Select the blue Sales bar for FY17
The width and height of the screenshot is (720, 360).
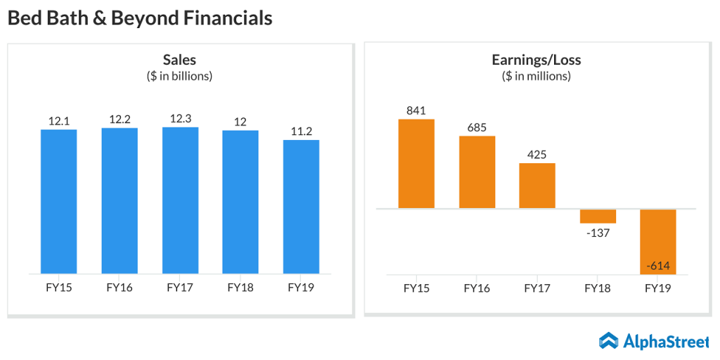pyautogui.click(x=180, y=200)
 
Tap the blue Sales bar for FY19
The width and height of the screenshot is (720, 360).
pyautogui.click(x=301, y=207)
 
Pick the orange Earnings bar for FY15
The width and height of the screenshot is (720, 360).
pyautogui.click(x=416, y=164)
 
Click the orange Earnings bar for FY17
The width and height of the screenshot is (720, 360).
pyautogui.click(x=537, y=186)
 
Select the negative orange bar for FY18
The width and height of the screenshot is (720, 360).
pyautogui.click(x=598, y=216)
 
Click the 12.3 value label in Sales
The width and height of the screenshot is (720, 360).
pyautogui.click(x=181, y=119)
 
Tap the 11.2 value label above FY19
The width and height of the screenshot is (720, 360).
pyautogui.click(x=301, y=131)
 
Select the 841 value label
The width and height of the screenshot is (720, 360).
pyautogui.click(x=416, y=110)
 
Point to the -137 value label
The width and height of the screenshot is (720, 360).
pyautogui.click(x=598, y=233)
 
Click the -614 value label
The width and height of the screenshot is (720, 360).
pyautogui.click(x=658, y=266)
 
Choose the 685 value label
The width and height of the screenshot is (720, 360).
pyautogui.click(x=477, y=127)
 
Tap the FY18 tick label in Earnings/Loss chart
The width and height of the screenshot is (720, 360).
pyautogui.click(x=598, y=288)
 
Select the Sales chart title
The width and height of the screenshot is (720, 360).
pyautogui.click(x=179, y=60)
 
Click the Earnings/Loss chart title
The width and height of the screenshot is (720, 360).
pyautogui.click(x=536, y=60)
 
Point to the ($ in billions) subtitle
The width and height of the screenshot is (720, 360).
pyautogui.click(x=179, y=76)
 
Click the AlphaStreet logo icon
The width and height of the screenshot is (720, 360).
pyautogui.click(x=609, y=341)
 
